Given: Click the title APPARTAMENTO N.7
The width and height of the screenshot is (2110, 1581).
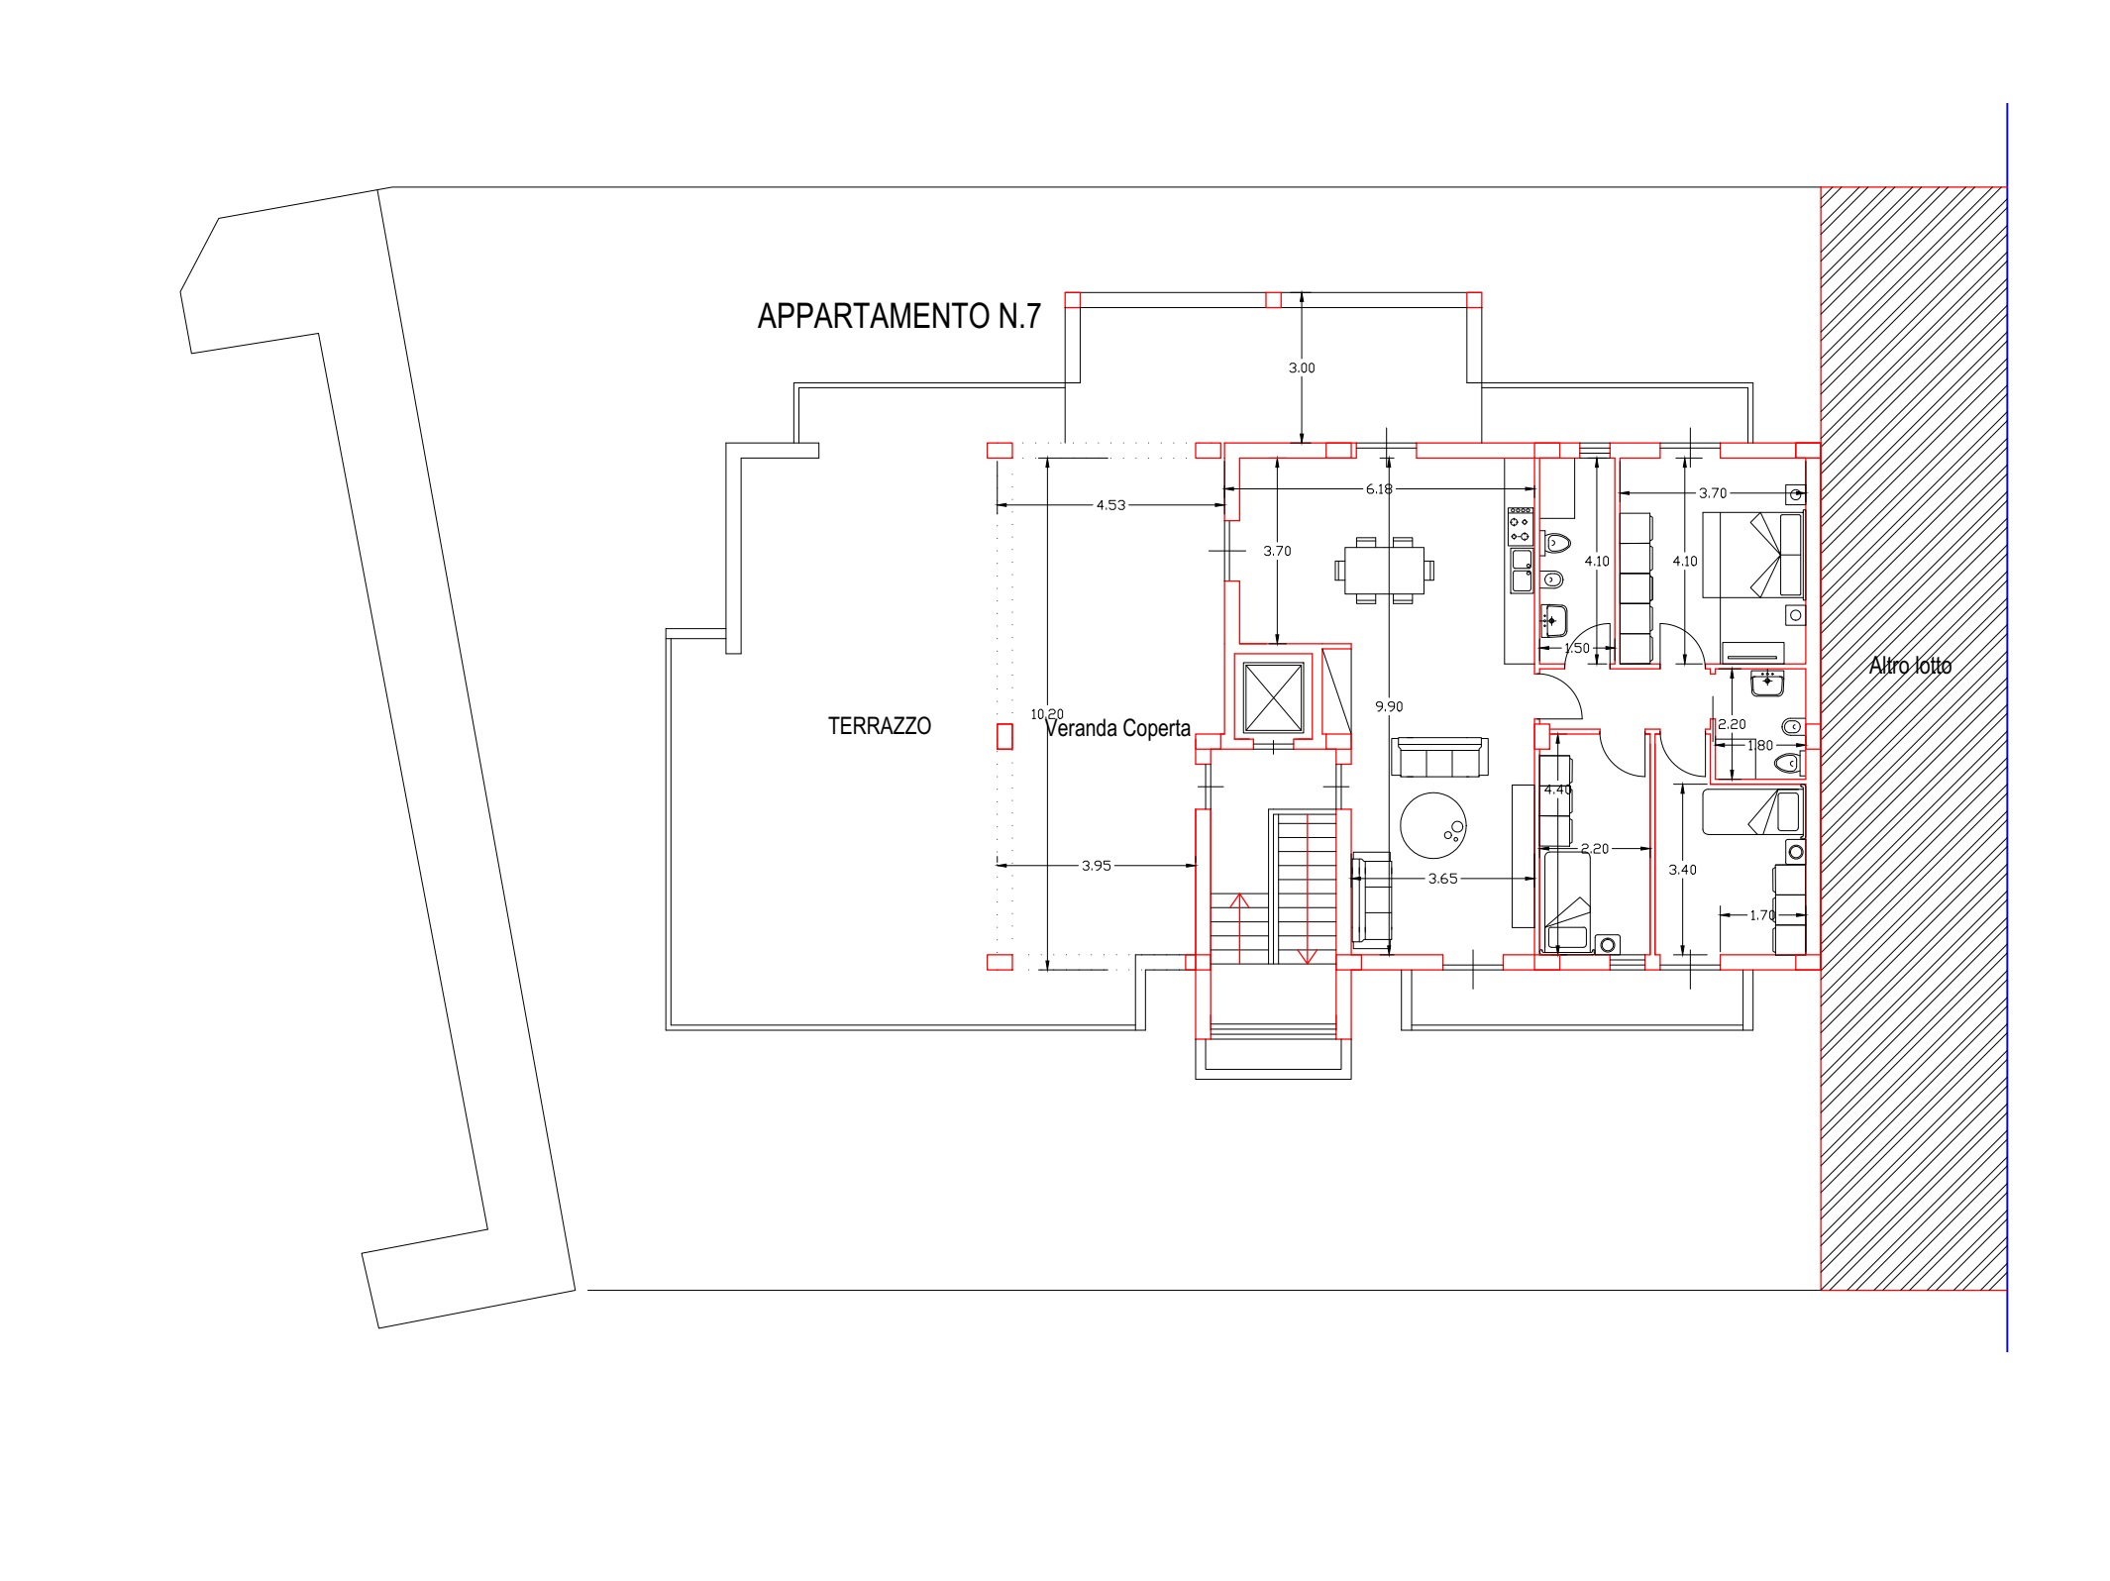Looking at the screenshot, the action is click(898, 316).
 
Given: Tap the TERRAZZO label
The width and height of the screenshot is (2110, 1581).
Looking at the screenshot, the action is click(879, 726).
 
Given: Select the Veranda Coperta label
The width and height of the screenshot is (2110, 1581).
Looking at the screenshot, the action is click(1117, 729).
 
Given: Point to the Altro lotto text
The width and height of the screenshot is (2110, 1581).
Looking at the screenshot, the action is click(1910, 666).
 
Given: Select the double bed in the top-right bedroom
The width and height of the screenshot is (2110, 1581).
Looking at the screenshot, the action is click(1752, 554).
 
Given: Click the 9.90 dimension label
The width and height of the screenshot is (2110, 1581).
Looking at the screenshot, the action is click(1389, 706).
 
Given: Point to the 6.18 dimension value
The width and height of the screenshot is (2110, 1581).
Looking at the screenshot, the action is click(1379, 488).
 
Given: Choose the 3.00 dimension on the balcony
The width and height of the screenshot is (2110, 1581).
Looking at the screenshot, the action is click(1302, 368).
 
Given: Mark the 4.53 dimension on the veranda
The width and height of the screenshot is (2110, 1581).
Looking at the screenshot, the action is click(1110, 505).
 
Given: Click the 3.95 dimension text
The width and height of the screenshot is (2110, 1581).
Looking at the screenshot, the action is click(1096, 865).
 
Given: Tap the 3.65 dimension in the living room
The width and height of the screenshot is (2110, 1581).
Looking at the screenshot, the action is click(1442, 878).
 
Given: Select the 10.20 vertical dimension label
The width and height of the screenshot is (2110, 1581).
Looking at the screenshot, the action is click(1047, 713).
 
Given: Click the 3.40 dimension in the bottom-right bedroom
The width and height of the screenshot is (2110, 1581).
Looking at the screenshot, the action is click(1682, 870).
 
